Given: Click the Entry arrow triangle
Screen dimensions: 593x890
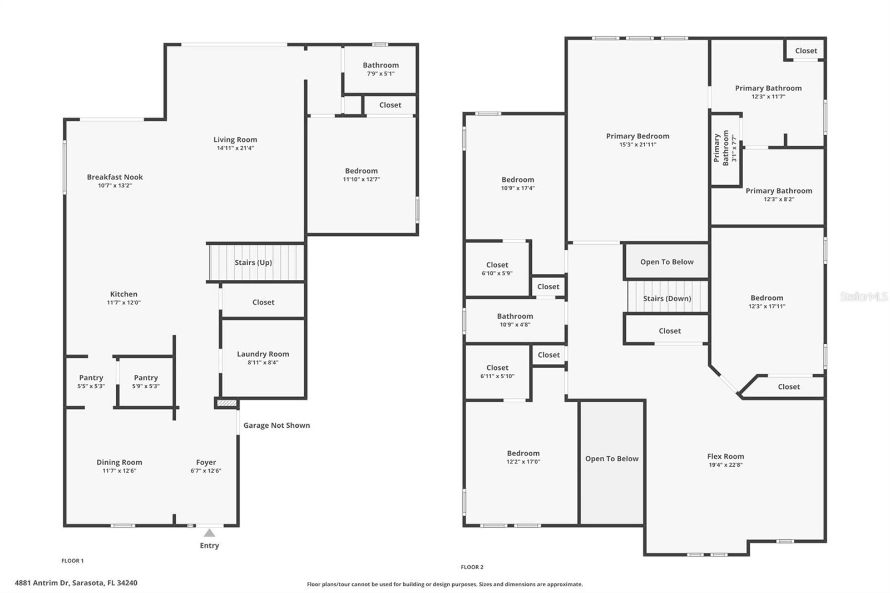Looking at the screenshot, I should pyautogui.click(x=209, y=533).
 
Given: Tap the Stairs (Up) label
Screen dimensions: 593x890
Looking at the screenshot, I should pyautogui.click(x=253, y=263).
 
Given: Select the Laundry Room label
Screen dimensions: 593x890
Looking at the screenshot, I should pyautogui.click(x=263, y=354).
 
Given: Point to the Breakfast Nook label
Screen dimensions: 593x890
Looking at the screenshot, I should pyautogui.click(x=115, y=177).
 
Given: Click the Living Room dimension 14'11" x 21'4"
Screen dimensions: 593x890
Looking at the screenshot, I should pyautogui.click(x=235, y=148).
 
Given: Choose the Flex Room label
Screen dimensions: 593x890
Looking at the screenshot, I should pyautogui.click(x=725, y=456).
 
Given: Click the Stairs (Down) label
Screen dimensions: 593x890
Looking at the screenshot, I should pyautogui.click(x=667, y=298).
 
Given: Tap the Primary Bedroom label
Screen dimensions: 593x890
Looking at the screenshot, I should pyautogui.click(x=637, y=136).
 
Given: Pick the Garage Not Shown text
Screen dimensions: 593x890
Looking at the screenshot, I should pyautogui.click(x=276, y=425).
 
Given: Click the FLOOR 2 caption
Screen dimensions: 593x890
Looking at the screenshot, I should pyautogui.click(x=472, y=567).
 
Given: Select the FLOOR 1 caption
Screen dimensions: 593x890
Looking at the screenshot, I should pyautogui.click(x=72, y=561).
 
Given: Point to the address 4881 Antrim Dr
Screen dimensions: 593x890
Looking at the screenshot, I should pyautogui.click(x=76, y=583).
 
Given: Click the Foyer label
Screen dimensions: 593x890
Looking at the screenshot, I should pyautogui.click(x=206, y=462).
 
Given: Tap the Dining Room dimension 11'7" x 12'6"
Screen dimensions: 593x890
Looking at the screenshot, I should pyautogui.click(x=119, y=471).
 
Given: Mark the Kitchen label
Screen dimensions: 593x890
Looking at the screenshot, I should pyautogui.click(x=123, y=294).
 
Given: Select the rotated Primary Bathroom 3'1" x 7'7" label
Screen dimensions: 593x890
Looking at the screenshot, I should pyautogui.click(x=725, y=149).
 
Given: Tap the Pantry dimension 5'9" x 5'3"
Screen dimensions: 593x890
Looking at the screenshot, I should pyautogui.click(x=146, y=386).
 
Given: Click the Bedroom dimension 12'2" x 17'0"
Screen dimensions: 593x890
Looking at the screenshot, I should pyautogui.click(x=523, y=462).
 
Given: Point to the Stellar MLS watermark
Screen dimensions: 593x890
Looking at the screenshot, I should pyautogui.click(x=864, y=296).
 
